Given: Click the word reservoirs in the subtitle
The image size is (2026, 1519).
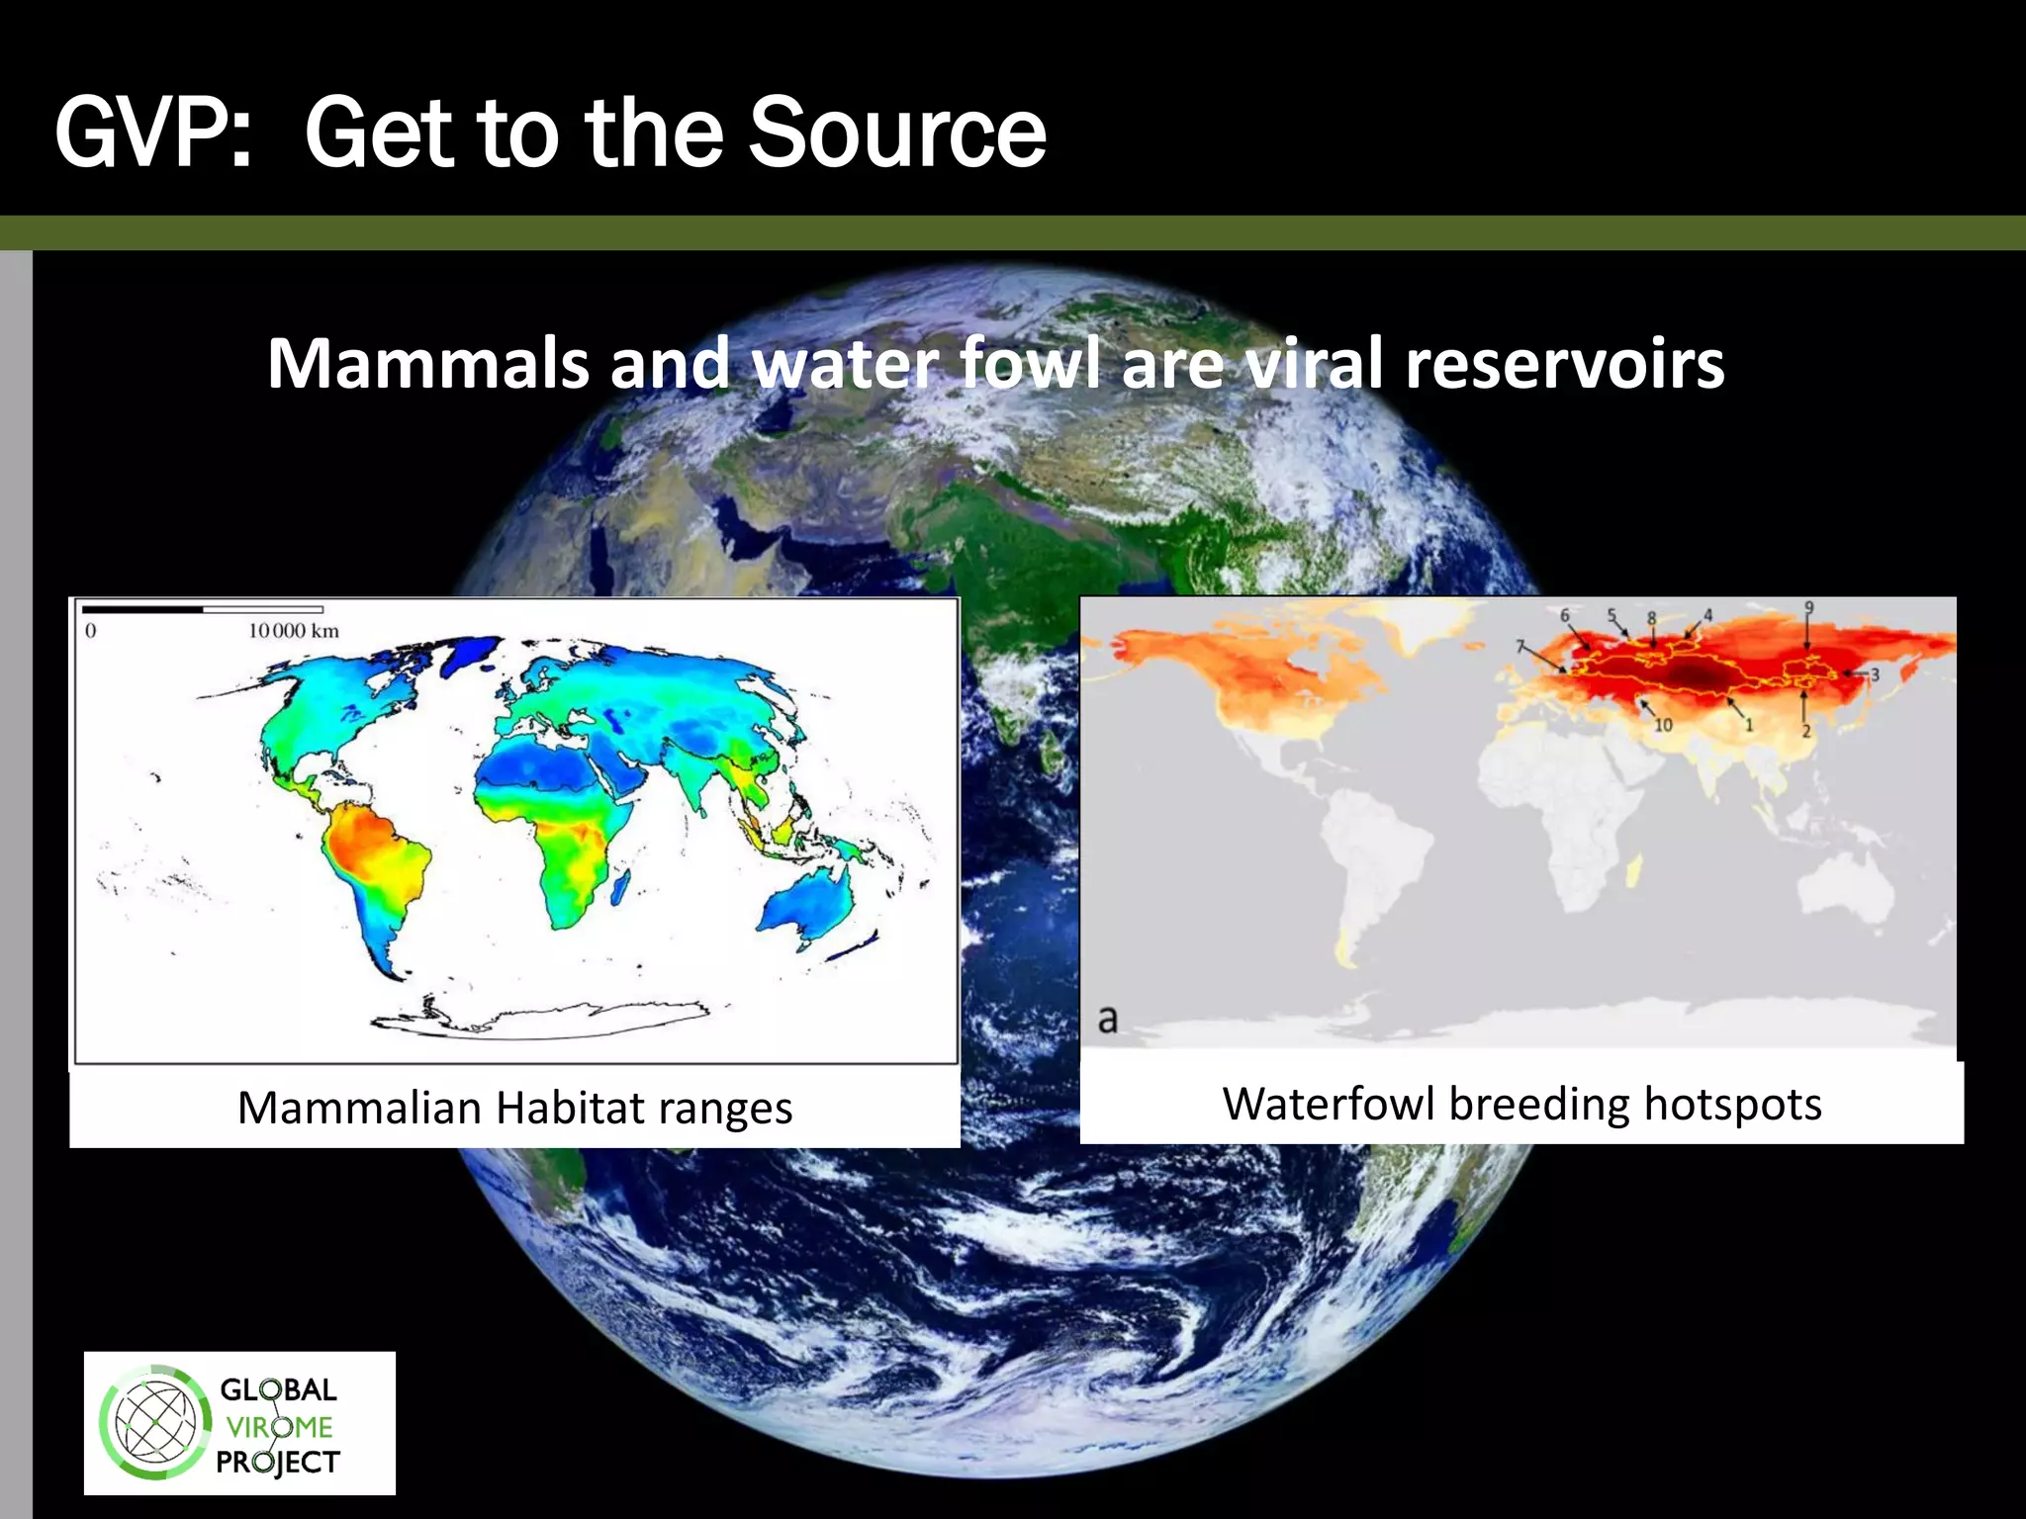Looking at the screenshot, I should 1564,364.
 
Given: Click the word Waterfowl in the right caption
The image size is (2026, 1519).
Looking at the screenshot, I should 1328,1104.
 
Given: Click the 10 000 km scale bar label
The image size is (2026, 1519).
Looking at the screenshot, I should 294,631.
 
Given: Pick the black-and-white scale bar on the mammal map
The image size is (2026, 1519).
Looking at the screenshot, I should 203,609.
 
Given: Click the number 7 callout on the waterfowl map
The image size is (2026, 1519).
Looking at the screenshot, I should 1520,647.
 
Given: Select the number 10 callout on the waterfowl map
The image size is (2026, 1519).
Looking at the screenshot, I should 1663,725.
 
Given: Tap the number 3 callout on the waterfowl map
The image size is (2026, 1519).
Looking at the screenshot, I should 1874,674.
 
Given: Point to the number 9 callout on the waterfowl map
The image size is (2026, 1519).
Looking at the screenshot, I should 1809,607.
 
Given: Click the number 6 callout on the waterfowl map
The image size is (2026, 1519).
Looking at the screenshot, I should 1564,616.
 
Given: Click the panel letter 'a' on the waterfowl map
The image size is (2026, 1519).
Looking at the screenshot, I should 1108,1019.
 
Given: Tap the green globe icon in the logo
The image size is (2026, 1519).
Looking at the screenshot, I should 155,1423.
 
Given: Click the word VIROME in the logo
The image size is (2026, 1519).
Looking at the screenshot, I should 279,1427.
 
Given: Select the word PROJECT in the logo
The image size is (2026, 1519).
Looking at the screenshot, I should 278,1462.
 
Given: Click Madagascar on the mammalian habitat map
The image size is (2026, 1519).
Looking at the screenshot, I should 620,887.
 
